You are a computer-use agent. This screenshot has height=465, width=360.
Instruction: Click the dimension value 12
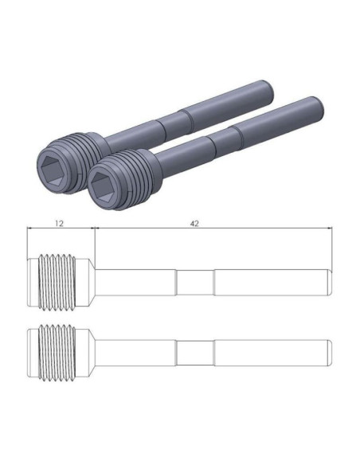pos(59,223)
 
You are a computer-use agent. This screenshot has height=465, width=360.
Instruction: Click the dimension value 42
pos(194,223)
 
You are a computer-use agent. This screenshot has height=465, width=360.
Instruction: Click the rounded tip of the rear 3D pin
pos(268,89)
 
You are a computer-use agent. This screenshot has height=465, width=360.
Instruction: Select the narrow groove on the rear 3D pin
pos(175,123)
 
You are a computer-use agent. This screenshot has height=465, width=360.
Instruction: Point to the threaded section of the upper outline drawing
pos(57,283)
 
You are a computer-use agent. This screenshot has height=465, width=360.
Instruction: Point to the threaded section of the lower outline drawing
pos(57,353)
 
